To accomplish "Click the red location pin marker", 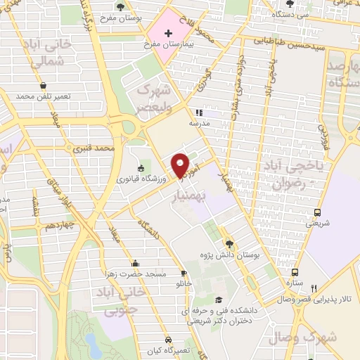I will [x=181, y=165].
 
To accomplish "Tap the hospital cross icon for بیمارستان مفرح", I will [x=167, y=32].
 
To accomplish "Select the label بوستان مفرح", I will [x=143, y=15].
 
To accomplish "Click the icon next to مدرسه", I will [x=199, y=112].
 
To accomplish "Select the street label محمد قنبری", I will [x=96, y=149].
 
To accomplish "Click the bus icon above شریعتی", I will [x=318, y=213].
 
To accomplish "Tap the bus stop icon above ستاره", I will [x=294, y=273].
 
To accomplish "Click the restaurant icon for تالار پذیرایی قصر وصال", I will [x=314, y=288].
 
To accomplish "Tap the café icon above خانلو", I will [x=184, y=274].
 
